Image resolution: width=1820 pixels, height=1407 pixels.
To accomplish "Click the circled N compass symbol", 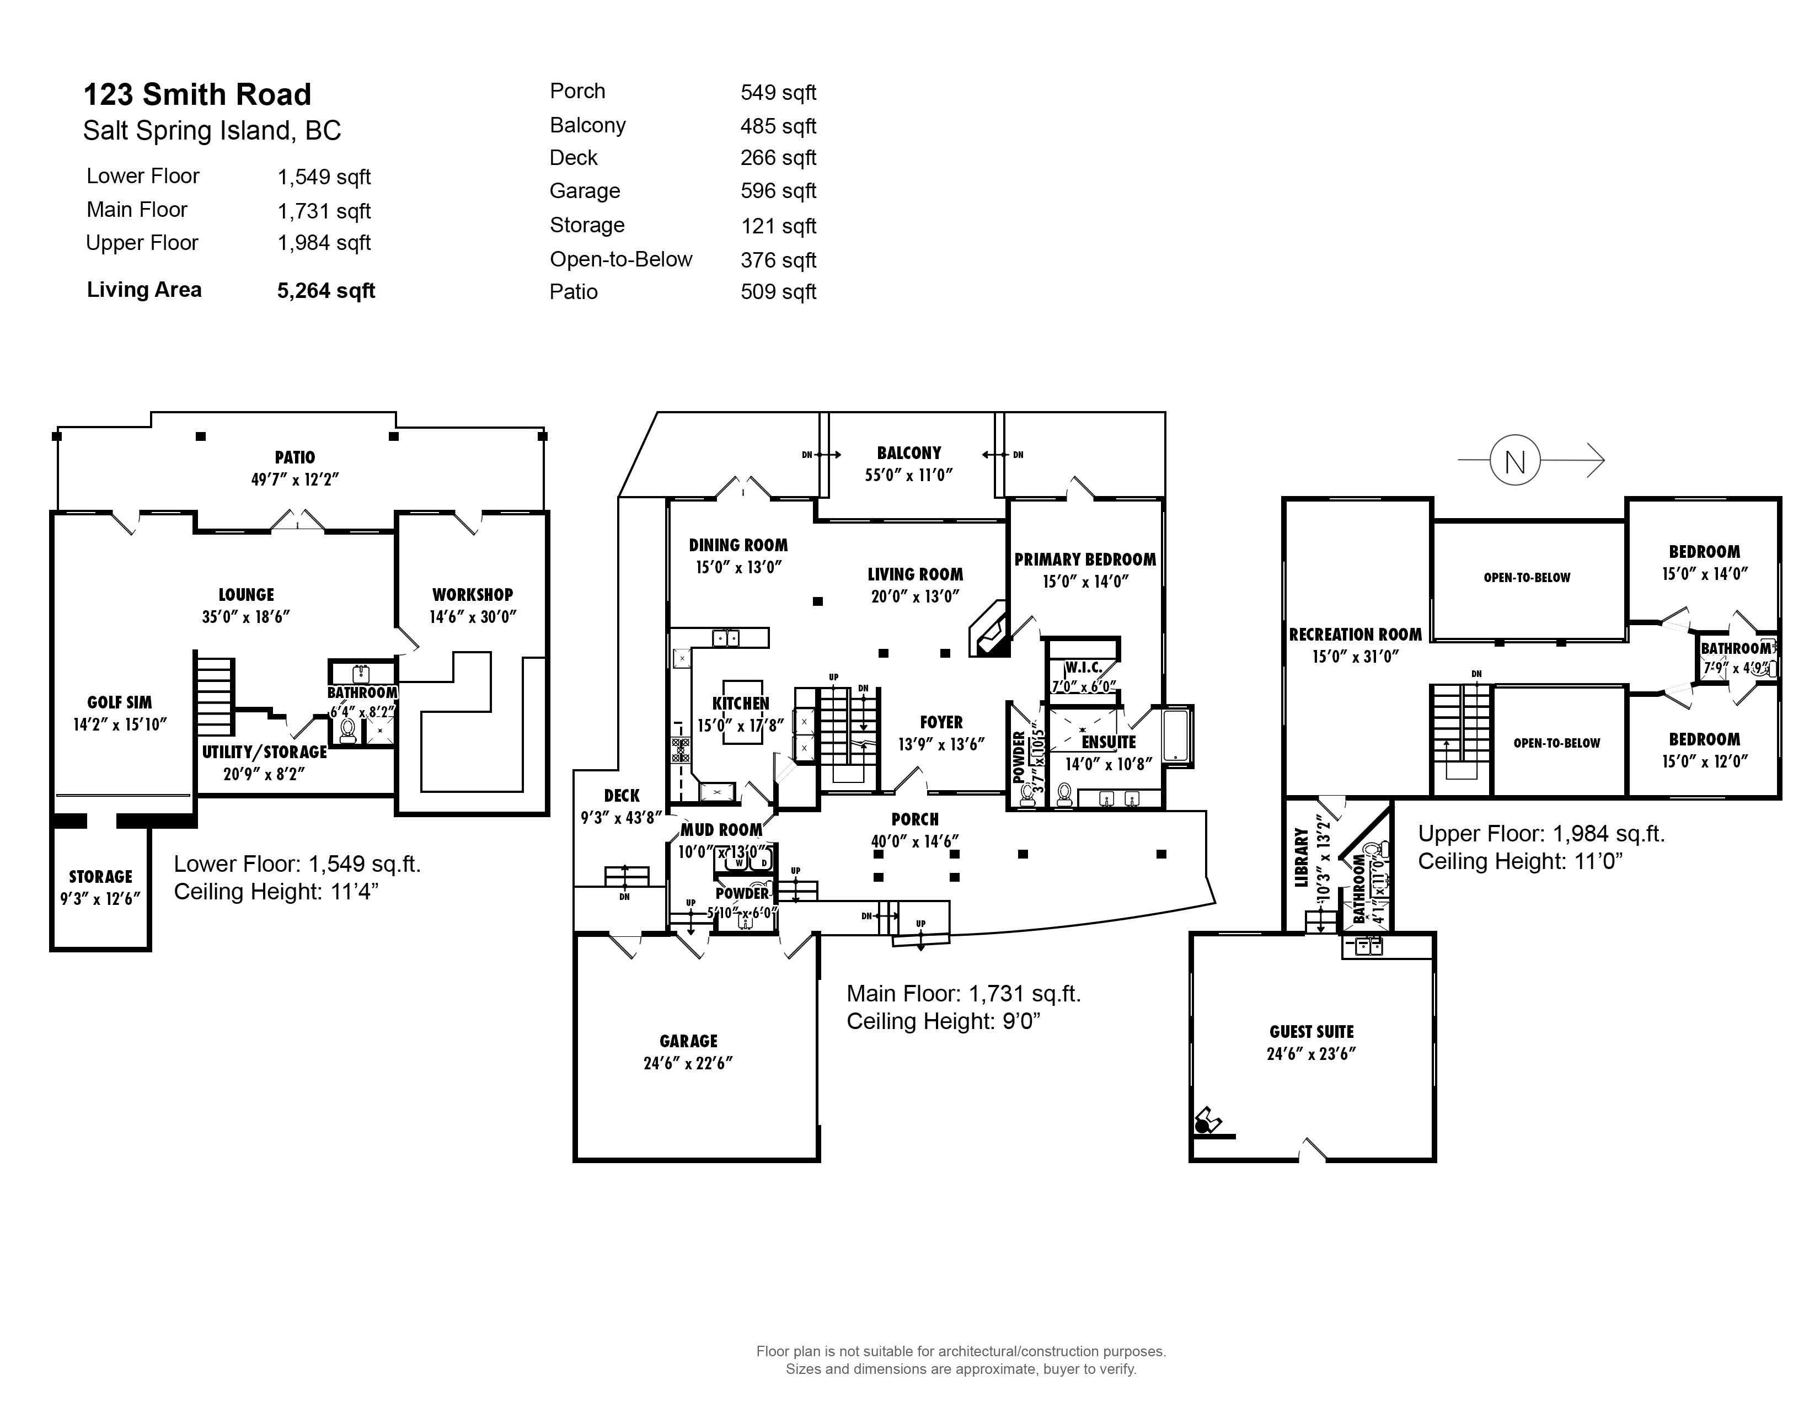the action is [x=1515, y=460].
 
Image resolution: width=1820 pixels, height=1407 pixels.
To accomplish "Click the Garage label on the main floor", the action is [x=688, y=1041].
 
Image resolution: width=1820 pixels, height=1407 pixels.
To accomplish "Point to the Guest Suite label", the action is [x=1312, y=1032].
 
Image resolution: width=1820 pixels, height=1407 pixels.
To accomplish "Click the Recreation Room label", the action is [x=1356, y=635].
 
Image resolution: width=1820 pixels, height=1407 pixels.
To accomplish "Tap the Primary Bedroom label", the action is [x=1085, y=560].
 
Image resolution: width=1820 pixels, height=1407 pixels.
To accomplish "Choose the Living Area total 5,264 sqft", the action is [x=326, y=291].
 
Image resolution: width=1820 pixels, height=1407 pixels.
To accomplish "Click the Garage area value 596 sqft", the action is [x=778, y=191].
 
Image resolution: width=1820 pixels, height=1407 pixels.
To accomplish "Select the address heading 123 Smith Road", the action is [x=197, y=94].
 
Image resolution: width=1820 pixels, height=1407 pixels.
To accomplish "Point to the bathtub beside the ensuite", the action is [x=1177, y=735].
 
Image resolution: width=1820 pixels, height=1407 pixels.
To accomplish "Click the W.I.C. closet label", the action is [x=1083, y=668].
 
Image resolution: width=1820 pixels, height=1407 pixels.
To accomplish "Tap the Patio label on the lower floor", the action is [x=295, y=457].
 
